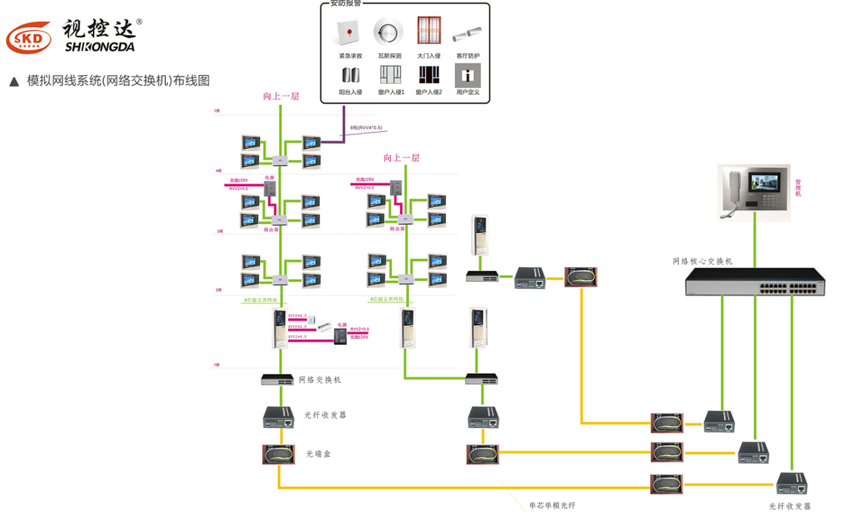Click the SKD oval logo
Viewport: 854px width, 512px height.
pyautogui.click(x=28, y=38)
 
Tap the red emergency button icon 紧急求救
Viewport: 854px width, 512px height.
pyautogui.click(x=349, y=32)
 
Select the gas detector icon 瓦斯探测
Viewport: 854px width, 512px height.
pyautogui.click(x=389, y=32)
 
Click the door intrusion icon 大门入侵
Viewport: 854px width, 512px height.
pyautogui.click(x=428, y=31)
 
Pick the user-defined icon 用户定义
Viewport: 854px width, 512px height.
pyautogui.click(x=467, y=74)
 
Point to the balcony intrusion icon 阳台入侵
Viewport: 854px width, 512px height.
pyautogui.click(x=350, y=74)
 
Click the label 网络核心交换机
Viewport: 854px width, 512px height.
pyautogui.click(x=702, y=261)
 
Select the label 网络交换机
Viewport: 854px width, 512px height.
pyautogui.click(x=320, y=380)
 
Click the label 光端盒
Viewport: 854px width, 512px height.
pyautogui.click(x=319, y=454)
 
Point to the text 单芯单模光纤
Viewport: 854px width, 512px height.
pyautogui.click(x=552, y=505)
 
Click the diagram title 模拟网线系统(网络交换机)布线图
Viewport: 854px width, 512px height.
pyautogui.click(x=118, y=81)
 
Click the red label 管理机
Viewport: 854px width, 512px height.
pyautogui.click(x=798, y=188)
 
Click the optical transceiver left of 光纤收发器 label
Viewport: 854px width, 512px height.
pyautogui.click(x=278, y=417)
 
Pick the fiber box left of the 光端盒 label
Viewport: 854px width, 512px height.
pyautogui.click(x=278, y=454)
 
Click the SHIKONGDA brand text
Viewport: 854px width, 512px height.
pyautogui.click(x=100, y=47)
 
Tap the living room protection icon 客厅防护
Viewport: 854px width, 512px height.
pyautogui.click(x=467, y=32)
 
